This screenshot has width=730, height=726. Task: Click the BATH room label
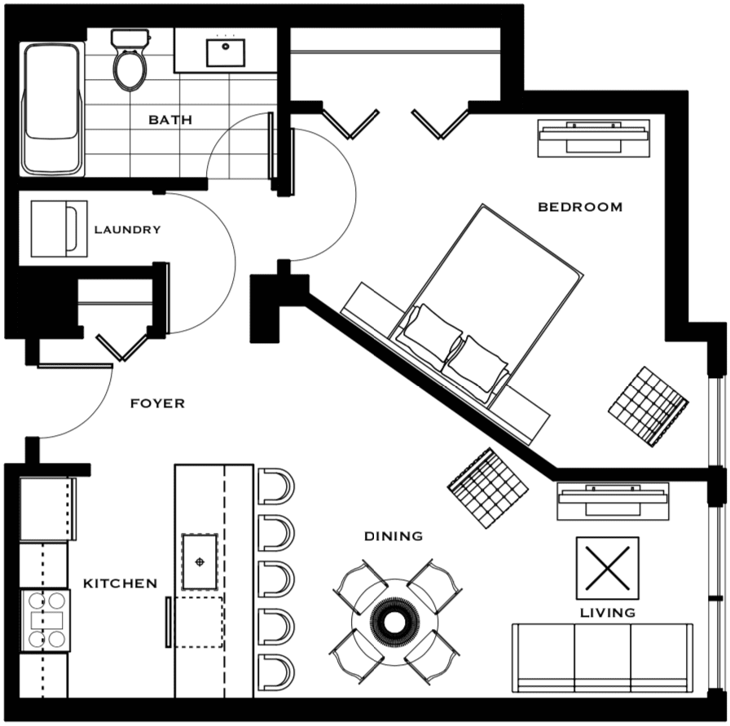coord(170,120)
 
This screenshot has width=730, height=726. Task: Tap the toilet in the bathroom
coord(130,59)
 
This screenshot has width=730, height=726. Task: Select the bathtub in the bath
coord(52,109)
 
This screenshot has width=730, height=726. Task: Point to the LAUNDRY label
coord(128,230)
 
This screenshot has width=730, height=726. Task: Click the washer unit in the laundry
coord(59,229)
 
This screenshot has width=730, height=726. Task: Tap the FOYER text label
coord(157,403)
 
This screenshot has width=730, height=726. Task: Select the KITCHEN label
coord(120,583)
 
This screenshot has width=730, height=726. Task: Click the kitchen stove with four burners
coord(45,620)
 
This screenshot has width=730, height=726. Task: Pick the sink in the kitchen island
coord(200,562)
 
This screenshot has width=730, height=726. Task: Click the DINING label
coord(394,536)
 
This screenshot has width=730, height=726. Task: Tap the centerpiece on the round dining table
coord(395,620)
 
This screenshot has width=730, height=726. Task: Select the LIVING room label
coord(608,613)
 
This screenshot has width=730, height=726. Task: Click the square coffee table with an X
coord(608,568)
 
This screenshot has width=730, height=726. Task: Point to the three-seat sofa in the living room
coord(603,658)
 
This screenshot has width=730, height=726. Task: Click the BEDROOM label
coord(580,207)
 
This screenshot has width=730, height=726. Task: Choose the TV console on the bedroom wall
coord(594,138)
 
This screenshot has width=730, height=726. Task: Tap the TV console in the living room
coord(613,501)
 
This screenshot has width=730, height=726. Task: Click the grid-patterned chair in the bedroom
coord(649,407)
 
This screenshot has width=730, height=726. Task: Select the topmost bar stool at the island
coord(275,486)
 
